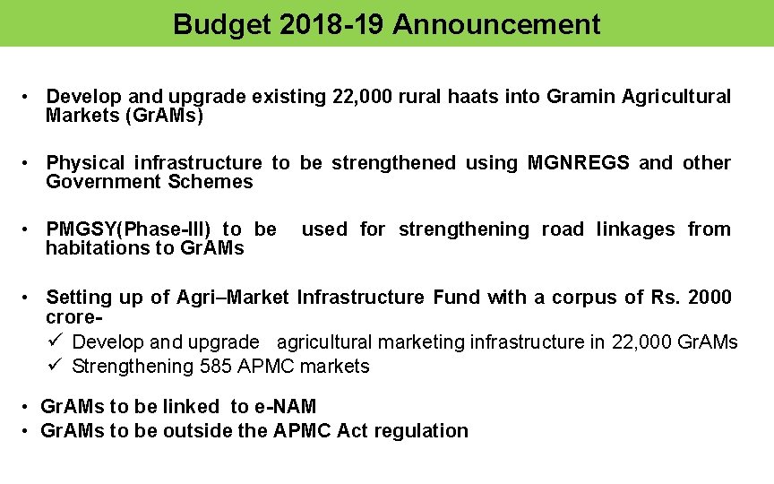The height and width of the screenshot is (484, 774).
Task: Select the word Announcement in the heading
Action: coord(495,24)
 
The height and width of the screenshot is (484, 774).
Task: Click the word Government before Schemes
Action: coord(103,182)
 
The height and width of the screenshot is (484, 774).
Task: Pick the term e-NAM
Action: coord(285,407)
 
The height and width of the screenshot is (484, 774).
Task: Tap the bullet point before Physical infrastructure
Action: coord(30,163)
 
